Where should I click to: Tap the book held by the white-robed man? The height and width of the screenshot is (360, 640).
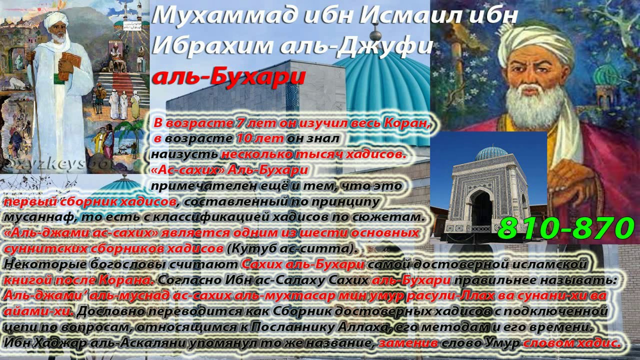pos(69,65)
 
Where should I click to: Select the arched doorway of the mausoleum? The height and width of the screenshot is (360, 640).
pos(481,208)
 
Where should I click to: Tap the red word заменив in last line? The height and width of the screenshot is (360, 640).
pos(408,343)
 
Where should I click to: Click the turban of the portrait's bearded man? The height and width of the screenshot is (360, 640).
pos(535,42)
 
